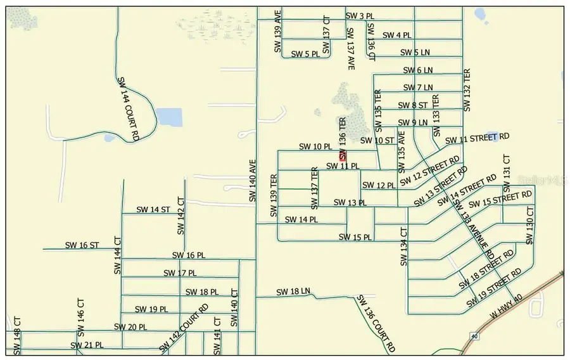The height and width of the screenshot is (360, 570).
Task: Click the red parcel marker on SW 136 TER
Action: click(x=343, y=156)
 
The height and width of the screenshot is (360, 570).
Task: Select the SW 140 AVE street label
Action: click(x=252, y=181)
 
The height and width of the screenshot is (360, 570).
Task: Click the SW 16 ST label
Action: click(x=82, y=245)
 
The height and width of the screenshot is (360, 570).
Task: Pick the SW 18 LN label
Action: click(x=293, y=292)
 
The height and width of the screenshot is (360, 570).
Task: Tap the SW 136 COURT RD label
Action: click(x=376, y=323)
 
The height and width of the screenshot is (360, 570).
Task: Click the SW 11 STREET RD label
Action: click(x=477, y=138)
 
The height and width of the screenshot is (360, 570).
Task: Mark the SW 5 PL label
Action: click(x=305, y=55)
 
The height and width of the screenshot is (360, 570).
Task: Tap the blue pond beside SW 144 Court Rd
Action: click(x=168, y=117)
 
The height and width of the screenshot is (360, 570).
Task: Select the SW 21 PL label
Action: click(x=87, y=345)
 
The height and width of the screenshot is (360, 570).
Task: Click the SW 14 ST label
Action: click(x=153, y=209)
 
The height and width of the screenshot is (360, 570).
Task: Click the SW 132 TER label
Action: click(x=467, y=90)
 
